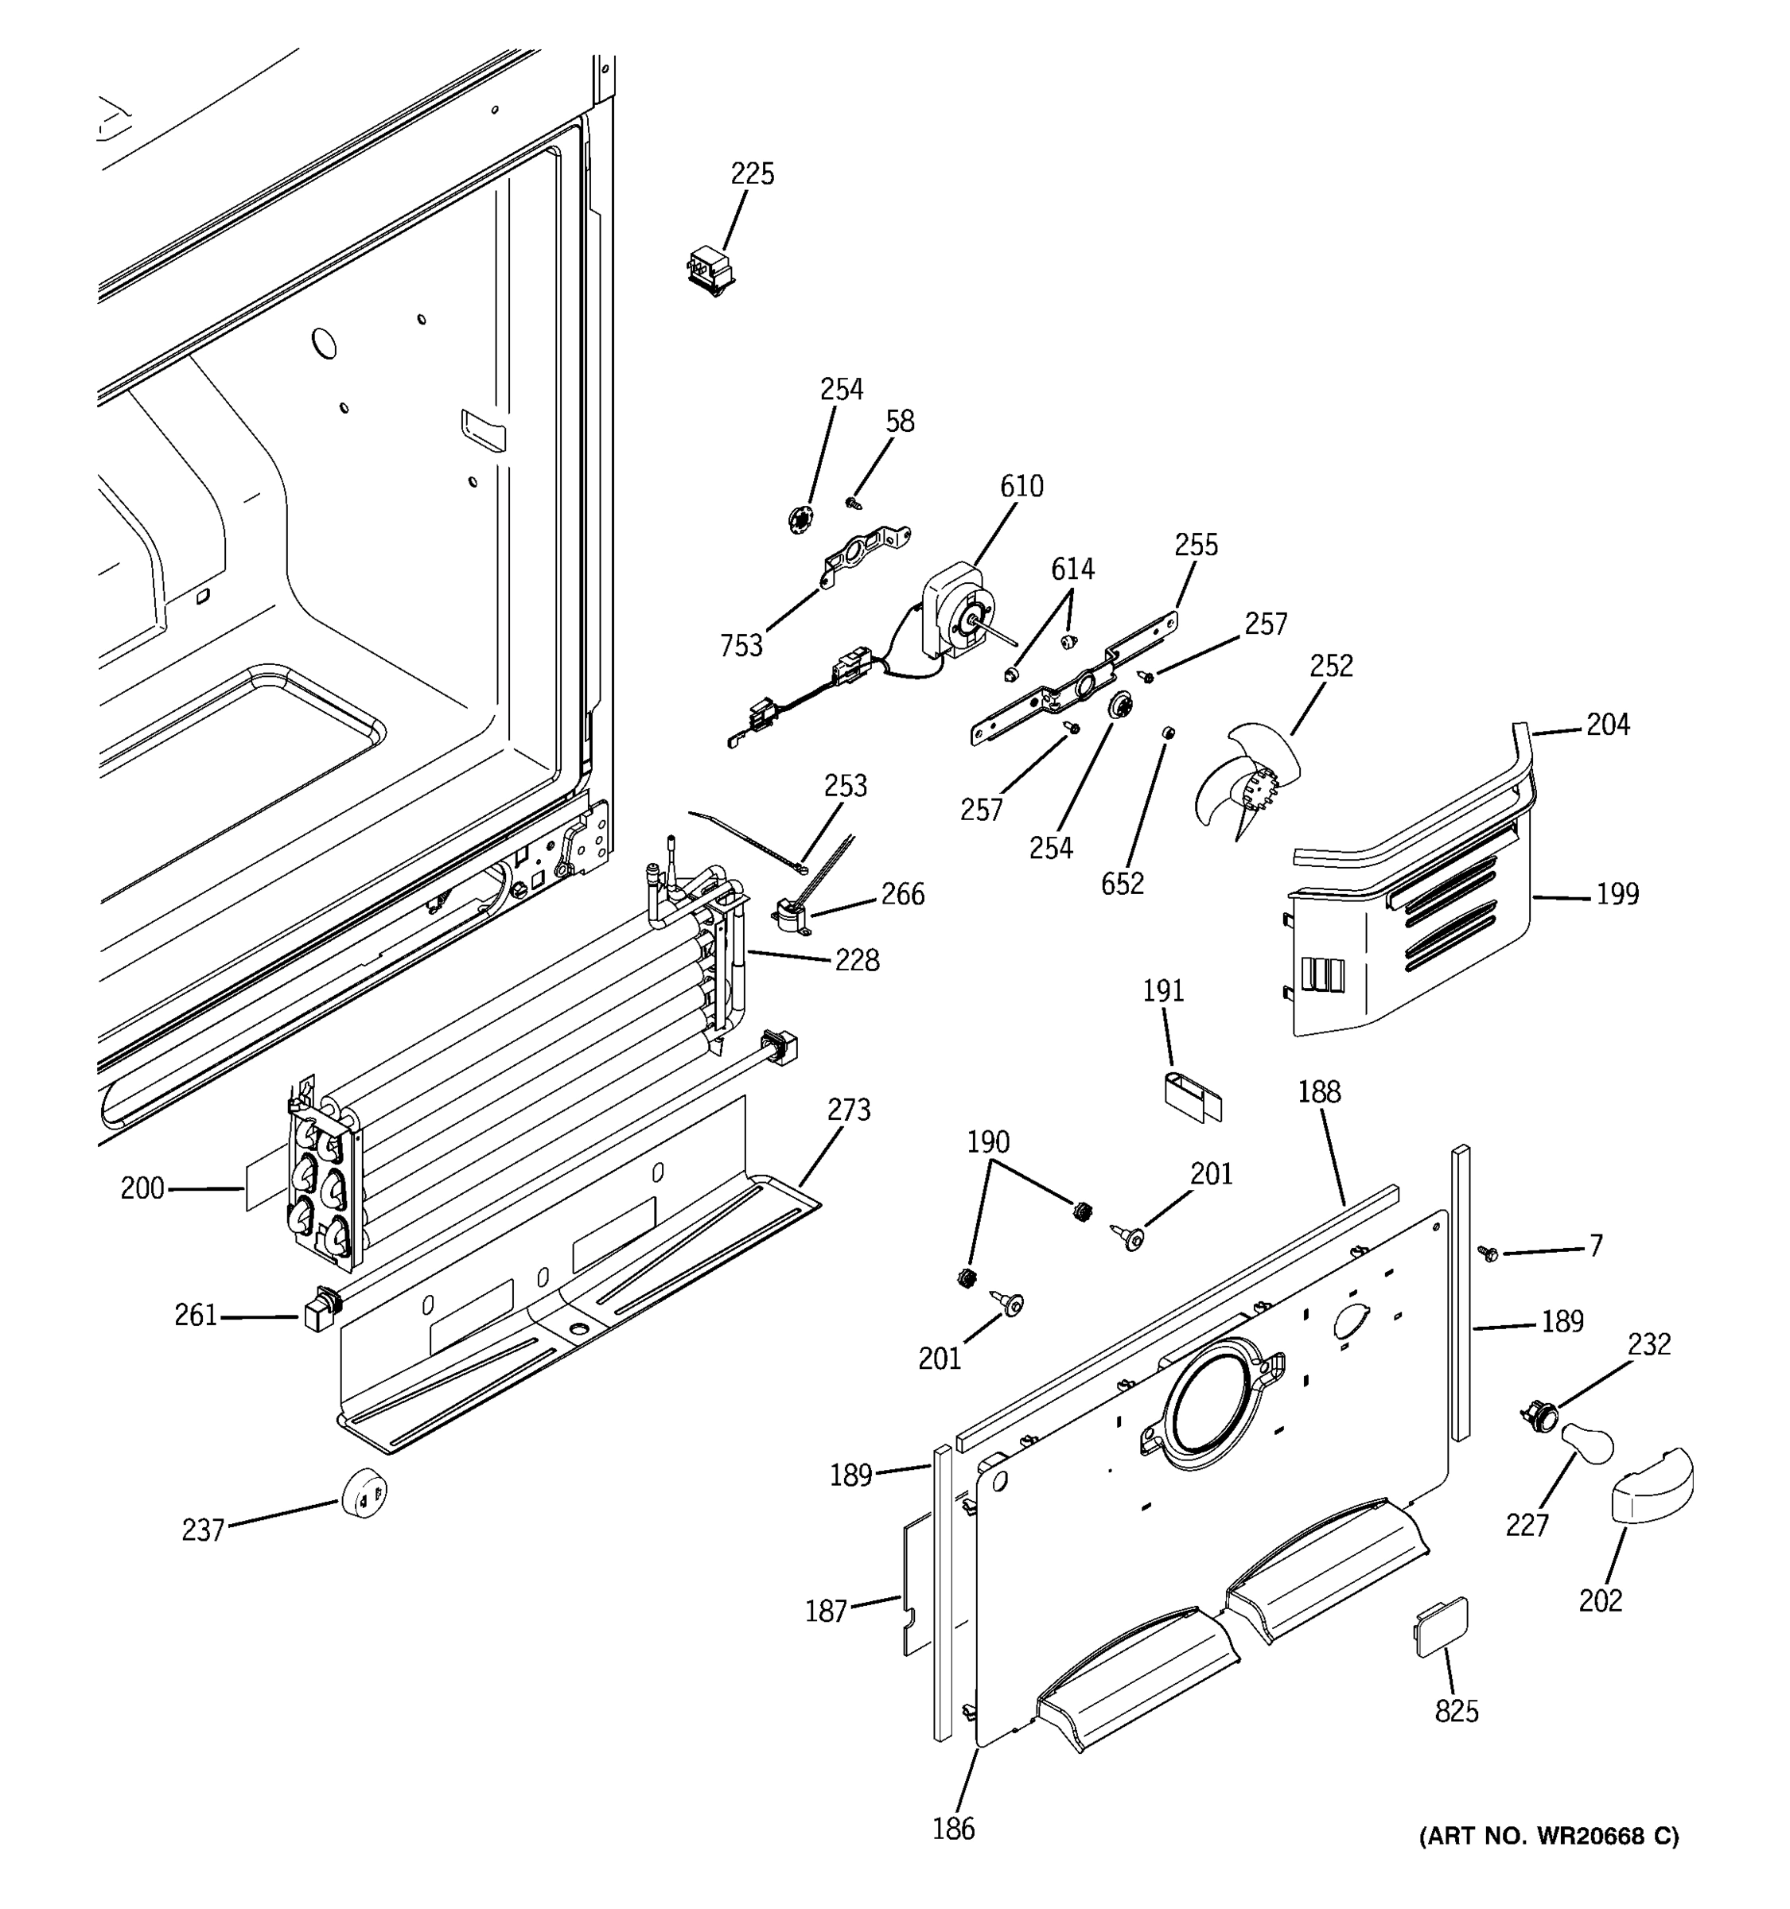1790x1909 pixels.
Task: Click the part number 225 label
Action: [x=752, y=174]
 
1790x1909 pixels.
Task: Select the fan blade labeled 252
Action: [x=1248, y=783]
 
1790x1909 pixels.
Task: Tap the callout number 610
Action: [x=1021, y=487]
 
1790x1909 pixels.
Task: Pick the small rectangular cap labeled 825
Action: [x=1439, y=1627]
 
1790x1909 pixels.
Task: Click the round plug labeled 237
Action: [x=364, y=1491]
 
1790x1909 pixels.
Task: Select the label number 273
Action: [x=849, y=1110]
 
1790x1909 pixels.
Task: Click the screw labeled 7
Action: [x=1489, y=1252]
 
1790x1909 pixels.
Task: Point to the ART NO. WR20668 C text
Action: [x=1549, y=1837]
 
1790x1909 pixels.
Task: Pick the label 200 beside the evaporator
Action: [x=142, y=1189]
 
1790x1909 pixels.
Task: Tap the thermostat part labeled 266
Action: [x=793, y=917]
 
